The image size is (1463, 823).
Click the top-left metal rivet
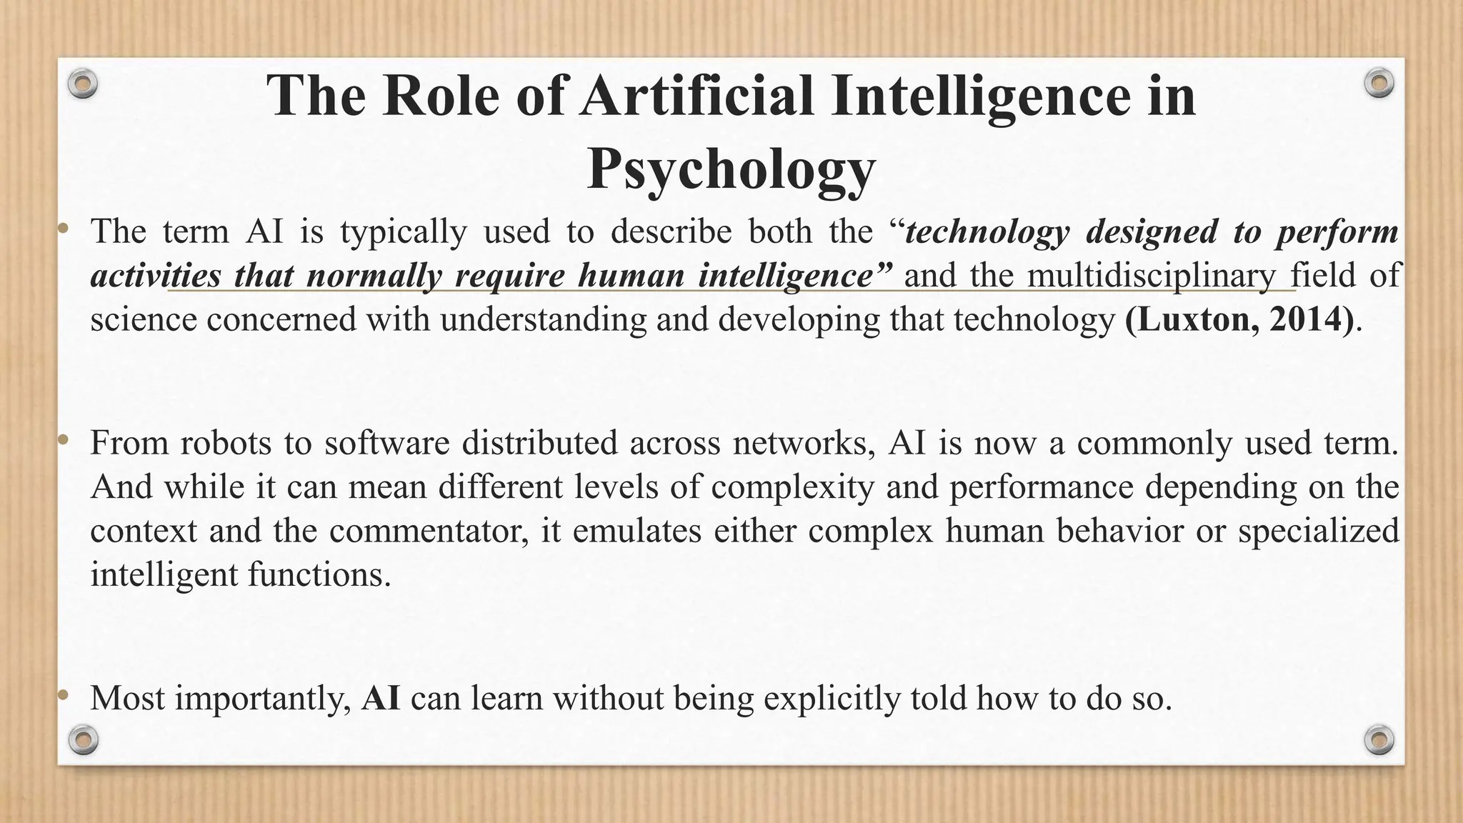[x=83, y=84]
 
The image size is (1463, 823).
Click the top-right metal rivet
[x=1379, y=84]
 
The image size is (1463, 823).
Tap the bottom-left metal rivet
[x=83, y=739]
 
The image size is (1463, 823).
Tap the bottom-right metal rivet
[x=1379, y=739]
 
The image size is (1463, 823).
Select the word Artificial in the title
[x=697, y=96]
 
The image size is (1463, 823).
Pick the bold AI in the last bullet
[x=381, y=698]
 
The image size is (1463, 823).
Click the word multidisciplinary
[x=1152, y=275]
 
